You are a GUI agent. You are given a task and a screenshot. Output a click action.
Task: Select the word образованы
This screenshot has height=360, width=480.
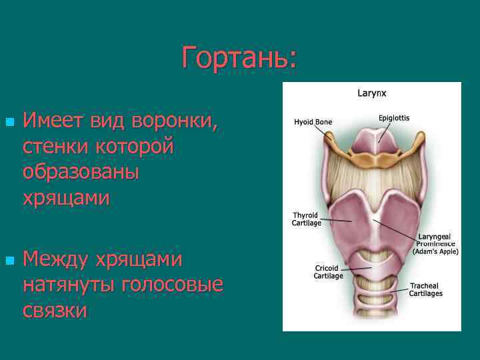[81, 172]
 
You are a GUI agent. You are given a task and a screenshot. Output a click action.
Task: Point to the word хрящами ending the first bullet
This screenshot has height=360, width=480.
[66, 198]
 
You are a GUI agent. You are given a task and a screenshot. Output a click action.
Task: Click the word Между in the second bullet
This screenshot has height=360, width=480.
[55, 259]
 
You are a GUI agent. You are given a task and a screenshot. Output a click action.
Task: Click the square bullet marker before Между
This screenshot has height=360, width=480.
[9, 259]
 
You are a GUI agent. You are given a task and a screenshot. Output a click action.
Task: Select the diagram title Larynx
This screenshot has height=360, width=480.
[371, 94]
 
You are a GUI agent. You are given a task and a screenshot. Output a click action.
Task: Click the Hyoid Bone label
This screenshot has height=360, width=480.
[313, 122]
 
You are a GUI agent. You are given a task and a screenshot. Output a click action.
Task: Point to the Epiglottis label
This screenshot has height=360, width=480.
[394, 118]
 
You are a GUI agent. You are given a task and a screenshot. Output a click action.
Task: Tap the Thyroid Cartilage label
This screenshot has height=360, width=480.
[307, 219]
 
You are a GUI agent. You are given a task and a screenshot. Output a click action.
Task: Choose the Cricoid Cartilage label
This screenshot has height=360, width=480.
[329, 272]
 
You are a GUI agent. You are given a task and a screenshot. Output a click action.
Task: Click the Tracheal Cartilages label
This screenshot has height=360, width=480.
[425, 289]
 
